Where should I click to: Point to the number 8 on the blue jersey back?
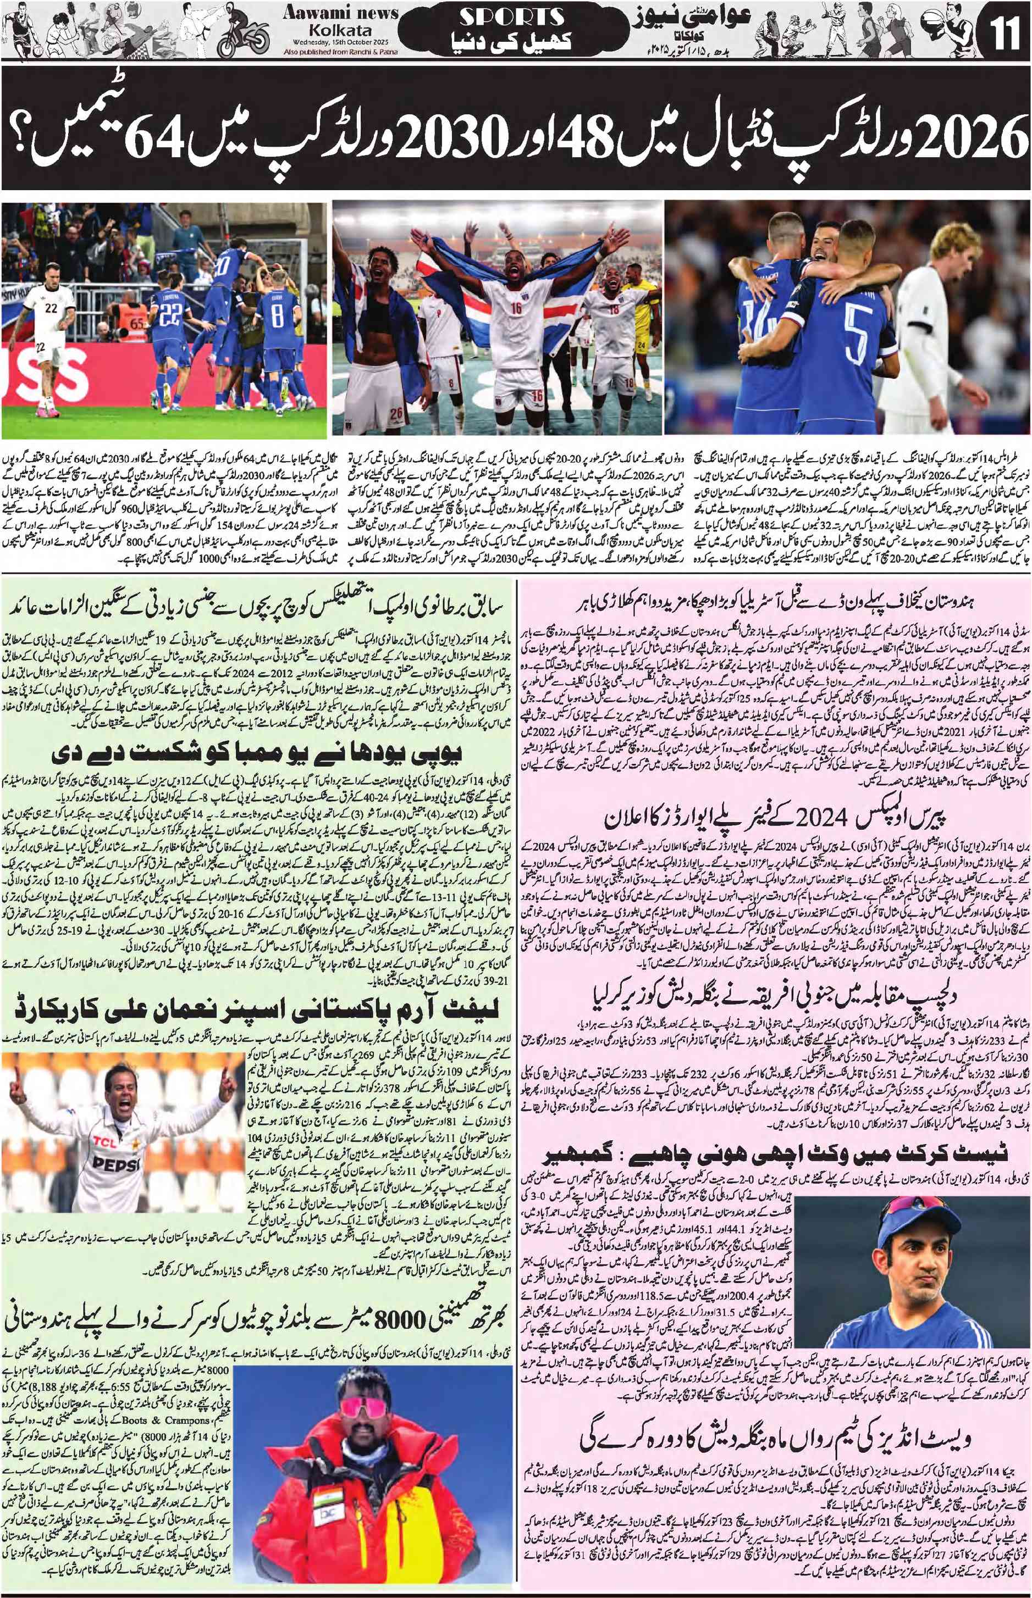pyautogui.click(x=275, y=315)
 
